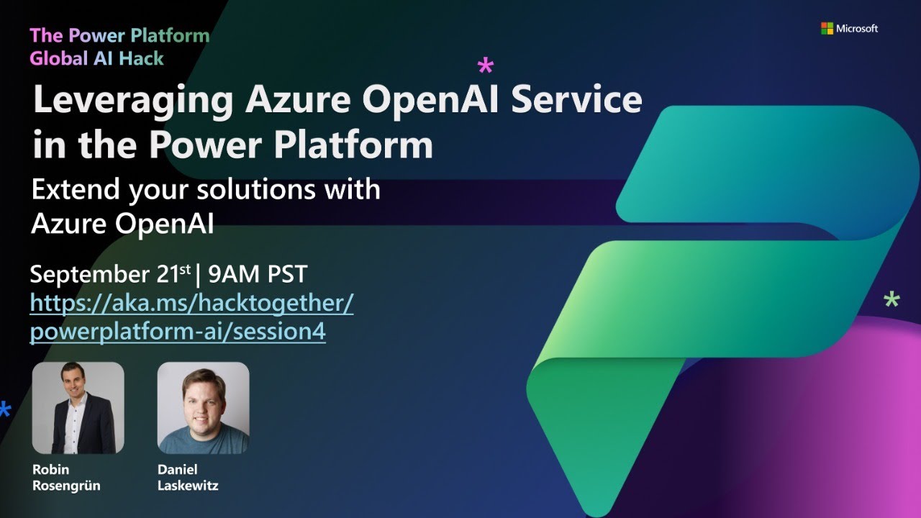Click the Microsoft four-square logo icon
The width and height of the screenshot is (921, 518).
[x=827, y=28]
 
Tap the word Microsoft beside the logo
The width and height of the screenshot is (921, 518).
[x=857, y=29]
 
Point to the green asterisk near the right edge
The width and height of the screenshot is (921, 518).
[x=891, y=301]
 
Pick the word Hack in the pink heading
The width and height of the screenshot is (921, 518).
[x=141, y=58]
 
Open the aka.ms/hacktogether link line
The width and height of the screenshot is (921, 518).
[x=191, y=303]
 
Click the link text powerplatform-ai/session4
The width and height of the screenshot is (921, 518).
[x=178, y=332]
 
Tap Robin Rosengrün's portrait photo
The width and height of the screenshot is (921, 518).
[x=78, y=407]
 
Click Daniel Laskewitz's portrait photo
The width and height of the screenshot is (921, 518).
[x=203, y=407]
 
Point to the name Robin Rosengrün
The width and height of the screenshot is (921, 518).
[x=66, y=478]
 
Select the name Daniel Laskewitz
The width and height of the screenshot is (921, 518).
[x=187, y=478]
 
